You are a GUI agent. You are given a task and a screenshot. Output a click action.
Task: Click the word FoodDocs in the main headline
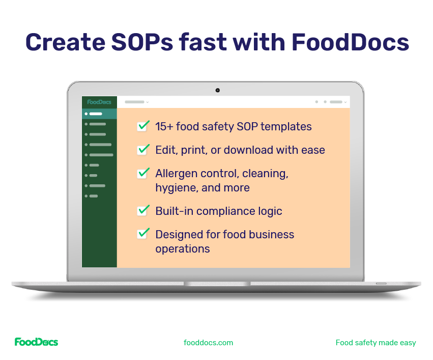pyautogui.click(x=350, y=42)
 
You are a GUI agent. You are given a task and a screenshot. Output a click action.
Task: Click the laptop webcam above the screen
pyautogui.click(x=217, y=90)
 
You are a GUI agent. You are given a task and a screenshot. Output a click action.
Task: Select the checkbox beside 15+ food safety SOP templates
pyautogui.click(x=143, y=126)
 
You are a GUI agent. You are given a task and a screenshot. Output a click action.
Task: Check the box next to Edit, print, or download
pyautogui.click(x=143, y=150)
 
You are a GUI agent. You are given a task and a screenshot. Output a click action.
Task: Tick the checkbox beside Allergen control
pyautogui.click(x=143, y=173)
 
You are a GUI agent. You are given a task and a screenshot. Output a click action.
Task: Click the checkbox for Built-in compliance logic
pyautogui.click(x=143, y=210)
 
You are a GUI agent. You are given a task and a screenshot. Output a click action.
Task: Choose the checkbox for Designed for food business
pyautogui.click(x=143, y=234)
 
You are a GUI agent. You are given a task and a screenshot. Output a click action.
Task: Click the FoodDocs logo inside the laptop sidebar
pyautogui.click(x=99, y=102)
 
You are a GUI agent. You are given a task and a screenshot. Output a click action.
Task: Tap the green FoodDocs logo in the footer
pyautogui.click(x=36, y=342)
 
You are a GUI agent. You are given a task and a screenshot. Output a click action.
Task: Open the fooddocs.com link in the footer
pyautogui.click(x=208, y=343)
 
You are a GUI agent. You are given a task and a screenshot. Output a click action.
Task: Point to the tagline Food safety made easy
pyautogui.click(x=376, y=343)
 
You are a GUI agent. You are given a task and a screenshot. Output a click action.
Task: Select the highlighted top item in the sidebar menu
pyautogui.click(x=99, y=114)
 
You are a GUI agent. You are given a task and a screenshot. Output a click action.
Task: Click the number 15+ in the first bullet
pyautogui.click(x=164, y=126)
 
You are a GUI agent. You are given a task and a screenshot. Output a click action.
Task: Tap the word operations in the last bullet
pyautogui.click(x=182, y=249)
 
